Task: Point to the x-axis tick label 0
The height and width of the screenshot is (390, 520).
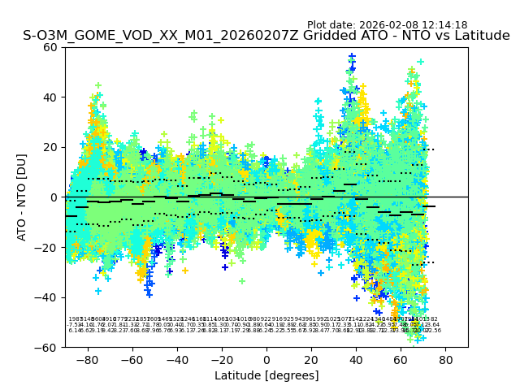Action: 266,358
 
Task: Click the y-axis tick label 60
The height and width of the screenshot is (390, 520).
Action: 50,47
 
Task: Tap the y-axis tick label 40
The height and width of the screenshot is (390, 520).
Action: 50,97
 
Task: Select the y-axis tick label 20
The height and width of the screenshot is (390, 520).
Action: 50,147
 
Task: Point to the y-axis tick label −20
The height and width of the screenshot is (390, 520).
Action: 47,247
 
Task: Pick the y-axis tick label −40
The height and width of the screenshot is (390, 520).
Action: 47,297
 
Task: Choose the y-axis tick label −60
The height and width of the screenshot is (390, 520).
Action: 47,347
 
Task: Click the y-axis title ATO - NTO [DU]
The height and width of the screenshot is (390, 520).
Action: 23,197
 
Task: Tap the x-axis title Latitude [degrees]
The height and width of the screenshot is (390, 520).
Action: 266,375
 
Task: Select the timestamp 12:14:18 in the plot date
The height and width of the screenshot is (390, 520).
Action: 441,25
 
